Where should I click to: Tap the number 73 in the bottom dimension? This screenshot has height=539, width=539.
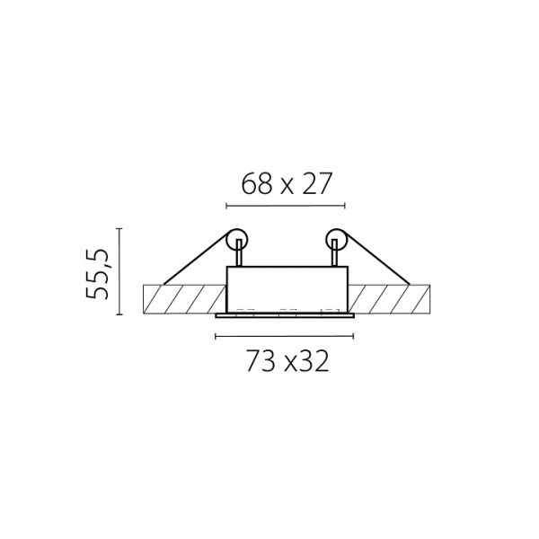[x=261, y=361]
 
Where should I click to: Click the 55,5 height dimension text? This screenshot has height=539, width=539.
[x=97, y=274]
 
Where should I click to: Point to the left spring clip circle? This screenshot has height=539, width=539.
[x=236, y=239]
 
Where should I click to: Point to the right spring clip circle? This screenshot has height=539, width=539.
[x=337, y=239]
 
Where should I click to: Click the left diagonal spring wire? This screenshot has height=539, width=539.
[x=195, y=259]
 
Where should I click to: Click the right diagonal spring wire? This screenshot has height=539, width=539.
[x=378, y=259]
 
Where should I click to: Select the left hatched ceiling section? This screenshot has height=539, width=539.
[x=184, y=299]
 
